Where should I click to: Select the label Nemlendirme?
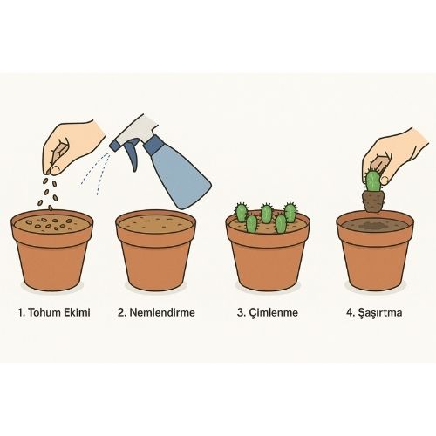pyautogui.click(x=162, y=312)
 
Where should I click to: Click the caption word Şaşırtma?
pyautogui.click(x=380, y=313)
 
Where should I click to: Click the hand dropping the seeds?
pyautogui.click(x=72, y=146)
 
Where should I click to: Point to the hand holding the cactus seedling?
pyautogui.click(x=399, y=154)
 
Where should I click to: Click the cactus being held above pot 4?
pyautogui.click(x=372, y=181)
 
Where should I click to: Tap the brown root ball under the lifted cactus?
pyautogui.click(x=374, y=201)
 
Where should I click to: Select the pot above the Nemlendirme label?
pyautogui.click(x=155, y=250)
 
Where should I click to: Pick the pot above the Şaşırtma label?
pyautogui.click(x=375, y=251)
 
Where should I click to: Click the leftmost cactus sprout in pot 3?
pyautogui.click(x=242, y=213)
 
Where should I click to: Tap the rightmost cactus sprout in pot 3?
pyautogui.click(x=290, y=212)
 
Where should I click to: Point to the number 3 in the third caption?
pyautogui.click(x=241, y=312)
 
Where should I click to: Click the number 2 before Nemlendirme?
pyautogui.click(x=121, y=312)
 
